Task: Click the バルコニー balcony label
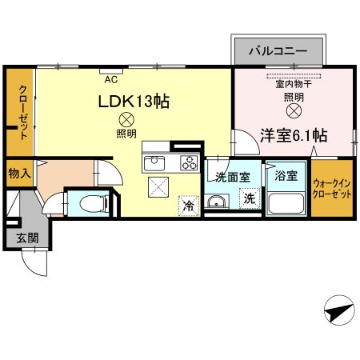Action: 278,50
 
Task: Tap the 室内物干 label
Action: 293,84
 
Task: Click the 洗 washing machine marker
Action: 249,199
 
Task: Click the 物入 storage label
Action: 20,173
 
